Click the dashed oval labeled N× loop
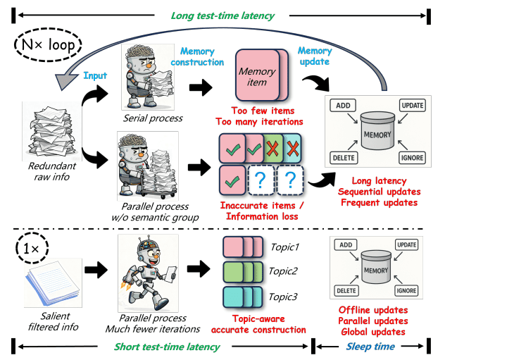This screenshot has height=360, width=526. (49, 47)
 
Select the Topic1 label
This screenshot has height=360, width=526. (284, 247)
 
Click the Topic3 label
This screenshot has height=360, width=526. (284, 297)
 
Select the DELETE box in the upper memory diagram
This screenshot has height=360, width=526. (343, 158)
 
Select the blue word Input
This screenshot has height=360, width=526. (96, 76)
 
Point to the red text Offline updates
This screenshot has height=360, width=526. (372, 310)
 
